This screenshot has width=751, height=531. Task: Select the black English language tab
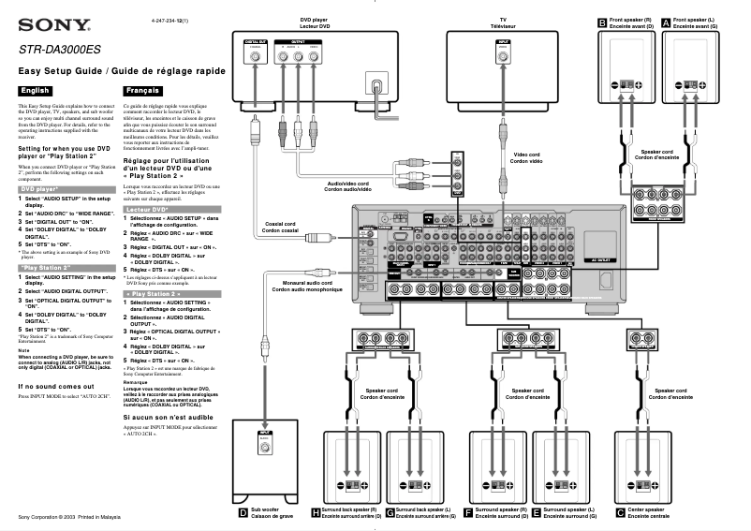click(x=35, y=91)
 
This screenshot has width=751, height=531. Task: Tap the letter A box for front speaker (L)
click(x=666, y=22)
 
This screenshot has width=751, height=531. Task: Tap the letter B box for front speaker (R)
click(x=602, y=22)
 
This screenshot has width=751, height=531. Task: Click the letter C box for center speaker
click(x=620, y=511)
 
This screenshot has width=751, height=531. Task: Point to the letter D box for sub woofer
click(x=242, y=511)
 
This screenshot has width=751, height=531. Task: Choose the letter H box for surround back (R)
click(x=316, y=511)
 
